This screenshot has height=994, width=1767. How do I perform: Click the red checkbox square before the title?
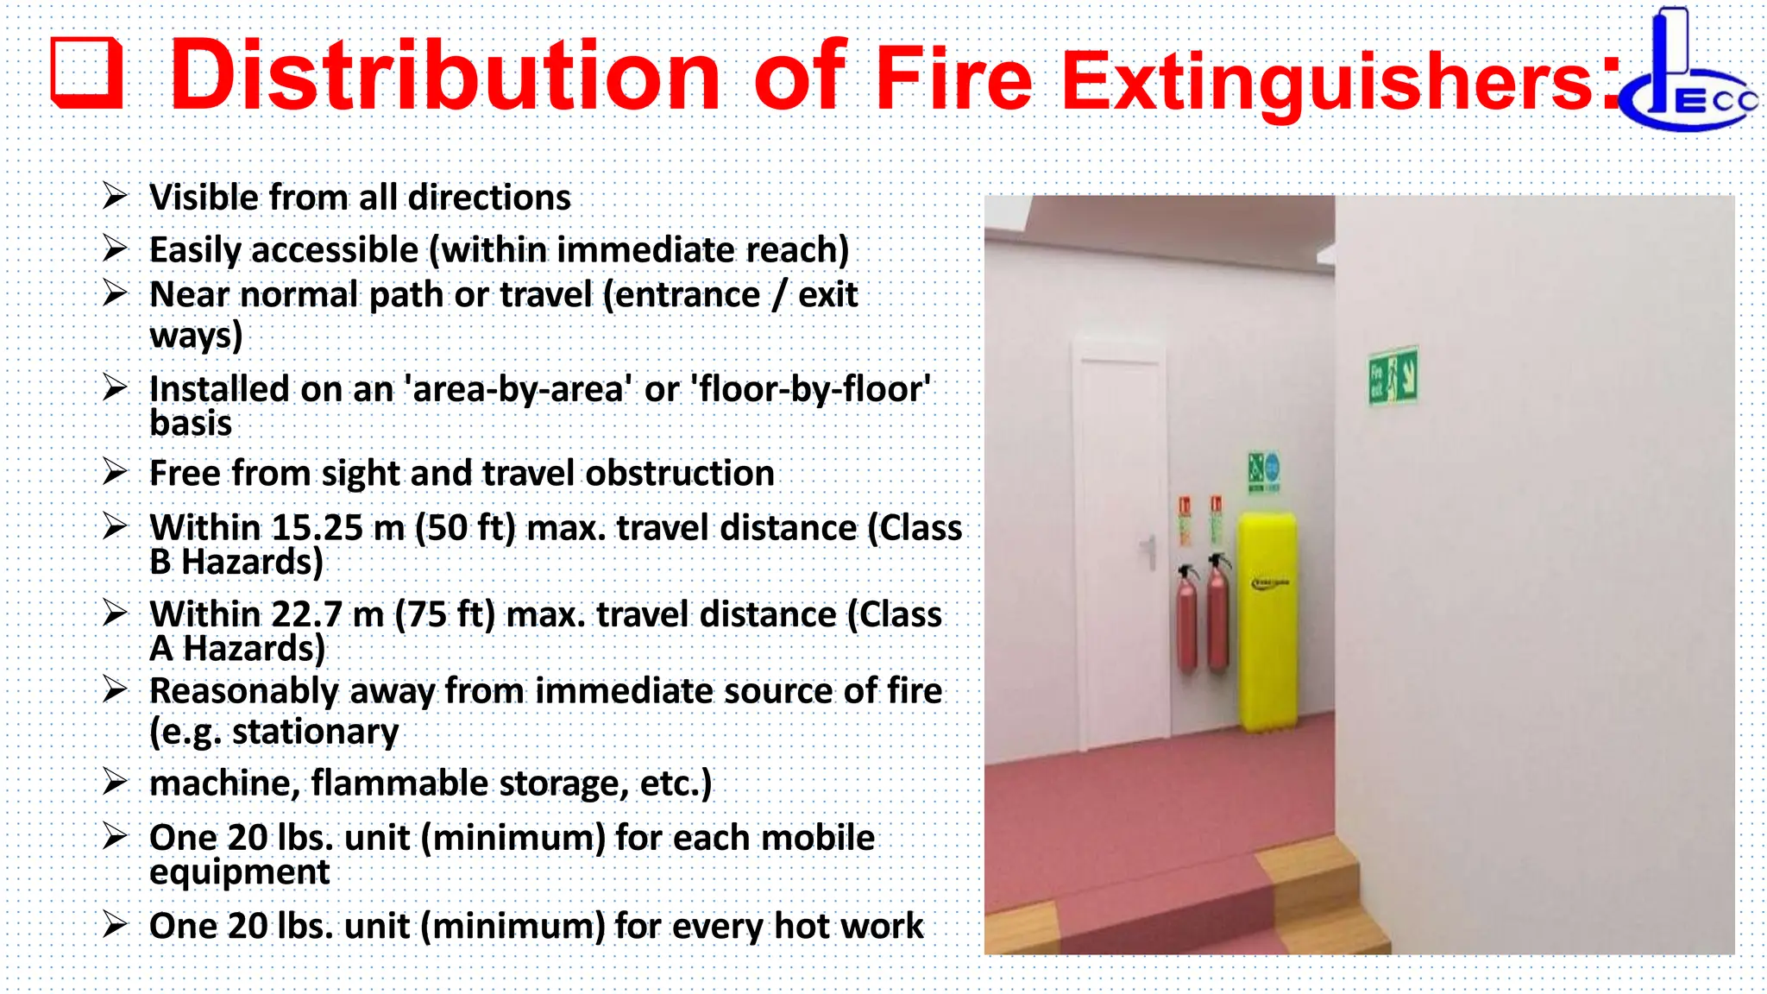pos(86,73)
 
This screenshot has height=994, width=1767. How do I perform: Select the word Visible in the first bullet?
pos(204,198)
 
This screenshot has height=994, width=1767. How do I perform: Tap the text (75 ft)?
pos(445,614)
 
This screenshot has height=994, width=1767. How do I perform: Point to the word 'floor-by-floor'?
pos(811,389)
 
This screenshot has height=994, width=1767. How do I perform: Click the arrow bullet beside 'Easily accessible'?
pos(115,248)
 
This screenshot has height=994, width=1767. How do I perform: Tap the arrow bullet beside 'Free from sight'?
pos(115,472)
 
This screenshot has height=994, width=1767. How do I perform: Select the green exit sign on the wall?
pos(1393,375)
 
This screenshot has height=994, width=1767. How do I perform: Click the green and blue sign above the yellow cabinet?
pos(1264,471)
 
